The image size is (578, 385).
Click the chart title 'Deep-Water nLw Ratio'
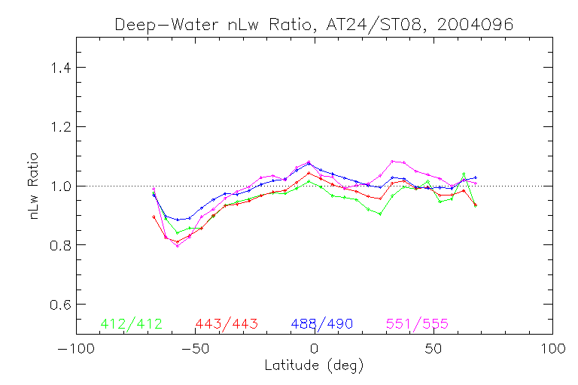[215, 24]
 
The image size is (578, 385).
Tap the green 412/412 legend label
[130, 324]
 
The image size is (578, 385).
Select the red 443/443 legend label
[227, 324]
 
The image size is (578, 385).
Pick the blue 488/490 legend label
[322, 324]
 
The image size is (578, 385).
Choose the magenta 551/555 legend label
[418, 324]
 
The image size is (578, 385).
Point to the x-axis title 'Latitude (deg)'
[314, 366]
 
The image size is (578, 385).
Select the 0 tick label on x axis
[314, 350]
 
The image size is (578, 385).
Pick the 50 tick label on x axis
[433, 350]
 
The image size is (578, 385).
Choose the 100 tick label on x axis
[552, 350]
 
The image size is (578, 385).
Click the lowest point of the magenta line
[178, 245]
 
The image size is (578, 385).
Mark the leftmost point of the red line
[154, 217]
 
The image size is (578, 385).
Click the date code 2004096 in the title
[477, 24]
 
